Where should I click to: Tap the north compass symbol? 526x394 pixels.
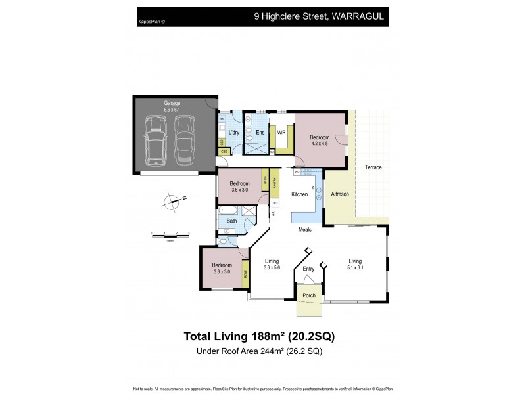tap(172, 201)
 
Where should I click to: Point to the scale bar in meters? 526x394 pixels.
tap(170, 234)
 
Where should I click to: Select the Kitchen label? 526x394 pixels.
tap(300, 195)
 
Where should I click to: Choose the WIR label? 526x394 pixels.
tap(281, 132)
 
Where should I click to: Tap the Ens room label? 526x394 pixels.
tap(260, 132)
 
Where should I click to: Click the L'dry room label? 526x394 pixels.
tap(234, 132)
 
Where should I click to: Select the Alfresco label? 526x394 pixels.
tap(339, 195)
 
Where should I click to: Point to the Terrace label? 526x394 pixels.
tap(373, 167)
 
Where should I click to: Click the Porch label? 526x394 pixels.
tap(308, 295)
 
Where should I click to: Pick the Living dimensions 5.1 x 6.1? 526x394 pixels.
tap(355, 267)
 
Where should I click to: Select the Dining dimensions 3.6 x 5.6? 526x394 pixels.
tap(272, 267)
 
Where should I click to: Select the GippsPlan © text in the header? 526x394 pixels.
tap(153, 22)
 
